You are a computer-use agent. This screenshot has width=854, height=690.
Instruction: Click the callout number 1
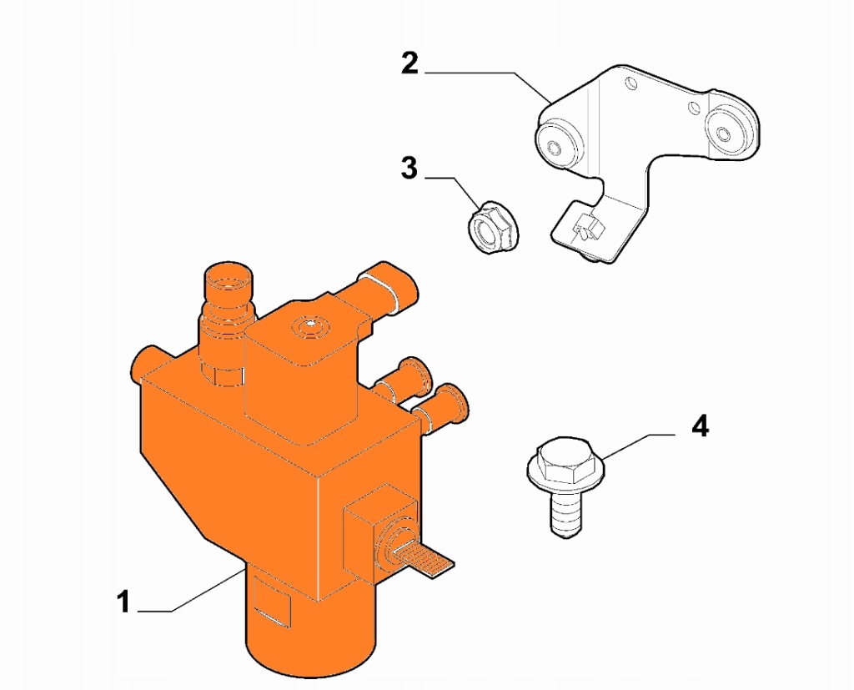[124, 602]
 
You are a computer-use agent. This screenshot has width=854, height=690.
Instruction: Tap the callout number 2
[409, 63]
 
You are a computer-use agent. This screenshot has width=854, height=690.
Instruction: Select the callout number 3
[409, 168]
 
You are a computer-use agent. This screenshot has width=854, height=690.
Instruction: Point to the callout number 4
[700, 426]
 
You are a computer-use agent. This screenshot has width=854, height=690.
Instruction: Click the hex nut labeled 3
[494, 227]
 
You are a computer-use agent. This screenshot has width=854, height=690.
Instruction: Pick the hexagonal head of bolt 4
[567, 461]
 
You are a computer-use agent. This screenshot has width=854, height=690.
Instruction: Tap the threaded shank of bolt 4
[566, 513]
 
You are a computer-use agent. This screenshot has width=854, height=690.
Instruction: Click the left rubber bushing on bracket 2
[558, 142]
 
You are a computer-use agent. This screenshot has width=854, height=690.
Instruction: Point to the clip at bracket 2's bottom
[588, 226]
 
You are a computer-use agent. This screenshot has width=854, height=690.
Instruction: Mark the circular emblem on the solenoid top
[310, 325]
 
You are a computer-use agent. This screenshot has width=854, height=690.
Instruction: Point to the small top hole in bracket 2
[630, 84]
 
